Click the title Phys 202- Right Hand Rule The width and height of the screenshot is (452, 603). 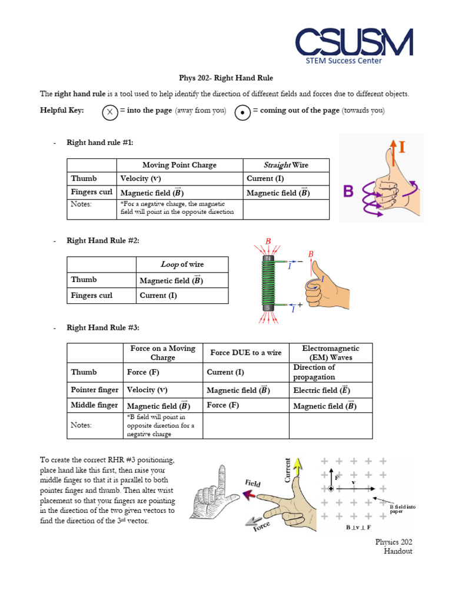226,78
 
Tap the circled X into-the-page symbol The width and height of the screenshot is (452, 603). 109,112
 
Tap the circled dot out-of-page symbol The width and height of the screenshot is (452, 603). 242,112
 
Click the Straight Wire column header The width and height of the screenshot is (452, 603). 285,165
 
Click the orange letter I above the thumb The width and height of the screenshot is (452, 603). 401,147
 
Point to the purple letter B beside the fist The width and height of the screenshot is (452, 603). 349,191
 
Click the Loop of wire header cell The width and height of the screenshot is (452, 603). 182,264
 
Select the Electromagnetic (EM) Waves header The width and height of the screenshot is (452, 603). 330,353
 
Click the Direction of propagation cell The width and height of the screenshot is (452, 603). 314,372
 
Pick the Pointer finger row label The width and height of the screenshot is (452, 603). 94,390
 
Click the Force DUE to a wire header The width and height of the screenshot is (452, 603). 245,353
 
